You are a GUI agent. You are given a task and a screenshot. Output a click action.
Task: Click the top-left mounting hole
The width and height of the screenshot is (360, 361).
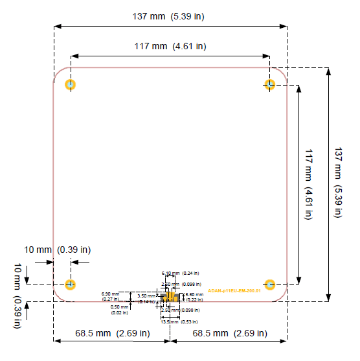click(71, 85)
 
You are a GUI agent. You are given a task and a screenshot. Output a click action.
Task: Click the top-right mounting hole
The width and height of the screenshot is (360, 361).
click(271, 85)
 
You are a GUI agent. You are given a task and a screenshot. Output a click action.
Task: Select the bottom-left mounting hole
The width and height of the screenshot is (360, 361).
click(71, 285)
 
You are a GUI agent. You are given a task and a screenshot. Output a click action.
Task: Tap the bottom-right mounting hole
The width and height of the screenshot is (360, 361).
click(271, 285)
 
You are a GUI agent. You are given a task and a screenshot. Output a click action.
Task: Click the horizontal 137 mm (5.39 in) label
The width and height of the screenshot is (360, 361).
click(171, 16)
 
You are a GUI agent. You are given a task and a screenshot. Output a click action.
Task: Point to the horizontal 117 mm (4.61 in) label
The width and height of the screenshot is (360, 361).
click(171, 46)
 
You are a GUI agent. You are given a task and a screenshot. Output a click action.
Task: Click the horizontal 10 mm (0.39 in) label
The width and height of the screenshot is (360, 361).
click(57, 250)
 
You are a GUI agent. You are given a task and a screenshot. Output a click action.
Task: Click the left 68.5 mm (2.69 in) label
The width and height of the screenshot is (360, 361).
click(112, 333)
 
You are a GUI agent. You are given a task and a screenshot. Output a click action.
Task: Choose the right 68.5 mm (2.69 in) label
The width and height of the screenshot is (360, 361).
click(229, 333)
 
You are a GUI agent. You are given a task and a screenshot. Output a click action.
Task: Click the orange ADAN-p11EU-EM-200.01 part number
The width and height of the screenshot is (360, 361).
click(234, 291)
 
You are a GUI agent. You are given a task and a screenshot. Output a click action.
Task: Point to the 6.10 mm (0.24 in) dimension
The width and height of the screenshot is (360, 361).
click(180, 273)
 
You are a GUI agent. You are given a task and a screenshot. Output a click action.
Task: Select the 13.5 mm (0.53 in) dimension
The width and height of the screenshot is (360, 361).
click(179, 321)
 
